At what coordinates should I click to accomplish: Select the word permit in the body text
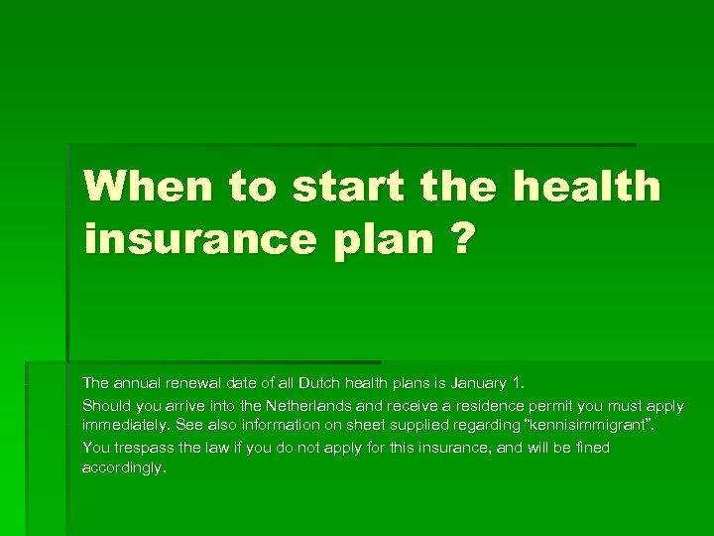[x=559, y=406]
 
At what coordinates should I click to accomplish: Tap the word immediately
[x=126, y=425]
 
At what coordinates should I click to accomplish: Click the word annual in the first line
[x=139, y=382]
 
